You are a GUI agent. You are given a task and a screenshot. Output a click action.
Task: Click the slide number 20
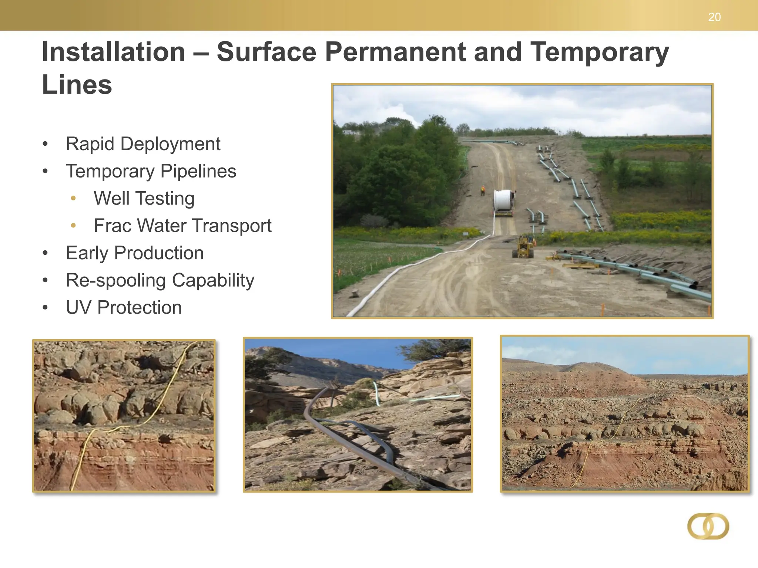[714, 17]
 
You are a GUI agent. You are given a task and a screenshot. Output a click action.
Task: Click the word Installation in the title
[113, 52]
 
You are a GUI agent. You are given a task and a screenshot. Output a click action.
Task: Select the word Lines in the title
[77, 85]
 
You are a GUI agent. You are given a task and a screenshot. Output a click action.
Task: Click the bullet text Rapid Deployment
[143, 144]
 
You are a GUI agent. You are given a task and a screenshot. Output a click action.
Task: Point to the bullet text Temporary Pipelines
[151, 171]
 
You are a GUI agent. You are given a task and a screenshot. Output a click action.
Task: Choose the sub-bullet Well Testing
[144, 199]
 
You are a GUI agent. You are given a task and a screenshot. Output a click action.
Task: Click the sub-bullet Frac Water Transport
[182, 226]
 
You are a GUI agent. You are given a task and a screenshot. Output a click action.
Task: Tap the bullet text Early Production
[135, 253]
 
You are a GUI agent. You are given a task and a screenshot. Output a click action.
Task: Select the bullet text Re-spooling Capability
[160, 280]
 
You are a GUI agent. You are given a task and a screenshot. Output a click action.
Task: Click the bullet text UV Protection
[124, 308]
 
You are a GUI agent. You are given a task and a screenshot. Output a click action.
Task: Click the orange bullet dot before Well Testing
[73, 199]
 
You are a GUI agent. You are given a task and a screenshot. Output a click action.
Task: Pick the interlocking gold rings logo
[708, 526]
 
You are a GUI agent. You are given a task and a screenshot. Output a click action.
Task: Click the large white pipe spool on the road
[504, 201]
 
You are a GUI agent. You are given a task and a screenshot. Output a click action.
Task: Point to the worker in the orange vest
[483, 190]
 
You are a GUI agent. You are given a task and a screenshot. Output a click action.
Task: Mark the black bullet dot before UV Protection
[45, 308]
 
